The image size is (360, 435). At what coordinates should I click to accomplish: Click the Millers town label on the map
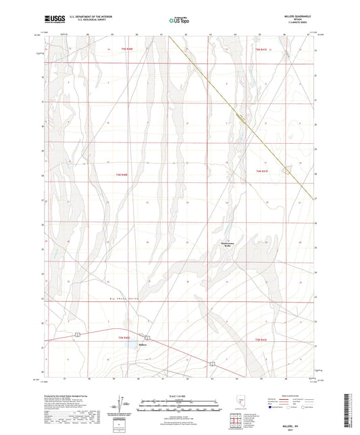point(142,344)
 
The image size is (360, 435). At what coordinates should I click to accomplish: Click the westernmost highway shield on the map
point(80,334)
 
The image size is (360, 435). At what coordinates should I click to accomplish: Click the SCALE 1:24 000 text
point(179,395)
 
